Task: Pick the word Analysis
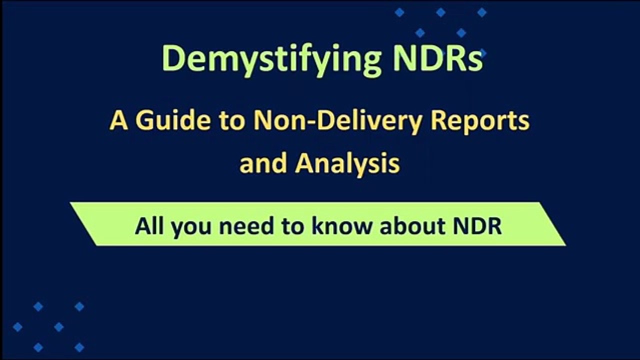click(x=347, y=162)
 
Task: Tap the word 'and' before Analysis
click(x=263, y=162)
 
